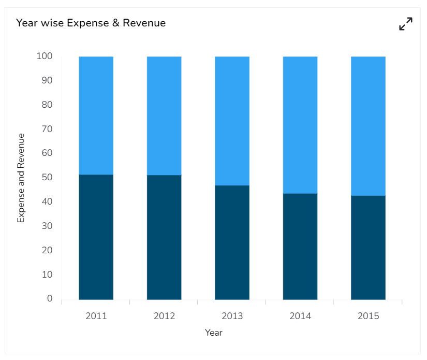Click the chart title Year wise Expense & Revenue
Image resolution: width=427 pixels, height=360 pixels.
tap(91, 23)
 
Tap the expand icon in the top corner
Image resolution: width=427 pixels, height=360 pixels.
tap(406, 24)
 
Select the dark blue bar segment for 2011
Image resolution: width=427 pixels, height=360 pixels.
tap(96, 237)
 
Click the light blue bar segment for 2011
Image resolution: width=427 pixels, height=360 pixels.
tap(96, 115)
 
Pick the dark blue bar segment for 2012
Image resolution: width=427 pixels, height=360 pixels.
tap(164, 237)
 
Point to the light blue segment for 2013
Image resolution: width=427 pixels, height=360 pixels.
tap(232, 121)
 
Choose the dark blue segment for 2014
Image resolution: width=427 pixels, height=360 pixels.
tap(300, 246)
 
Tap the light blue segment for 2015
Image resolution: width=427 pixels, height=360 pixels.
tap(368, 126)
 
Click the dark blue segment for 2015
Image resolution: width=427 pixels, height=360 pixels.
tap(368, 248)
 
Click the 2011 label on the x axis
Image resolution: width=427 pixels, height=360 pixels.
tap(96, 316)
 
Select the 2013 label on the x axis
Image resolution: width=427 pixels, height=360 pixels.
tap(232, 316)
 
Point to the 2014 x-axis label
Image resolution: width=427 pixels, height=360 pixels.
tap(300, 316)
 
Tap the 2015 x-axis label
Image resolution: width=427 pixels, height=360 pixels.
tap(368, 316)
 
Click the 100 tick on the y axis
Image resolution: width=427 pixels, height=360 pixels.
tap(45, 56)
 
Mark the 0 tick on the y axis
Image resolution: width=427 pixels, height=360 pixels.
tap(50, 298)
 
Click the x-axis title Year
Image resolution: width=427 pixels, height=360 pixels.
tap(213, 333)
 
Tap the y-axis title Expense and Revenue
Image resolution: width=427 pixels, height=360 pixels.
tap(21, 178)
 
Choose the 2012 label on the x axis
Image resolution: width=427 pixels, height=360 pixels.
tap(164, 316)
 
